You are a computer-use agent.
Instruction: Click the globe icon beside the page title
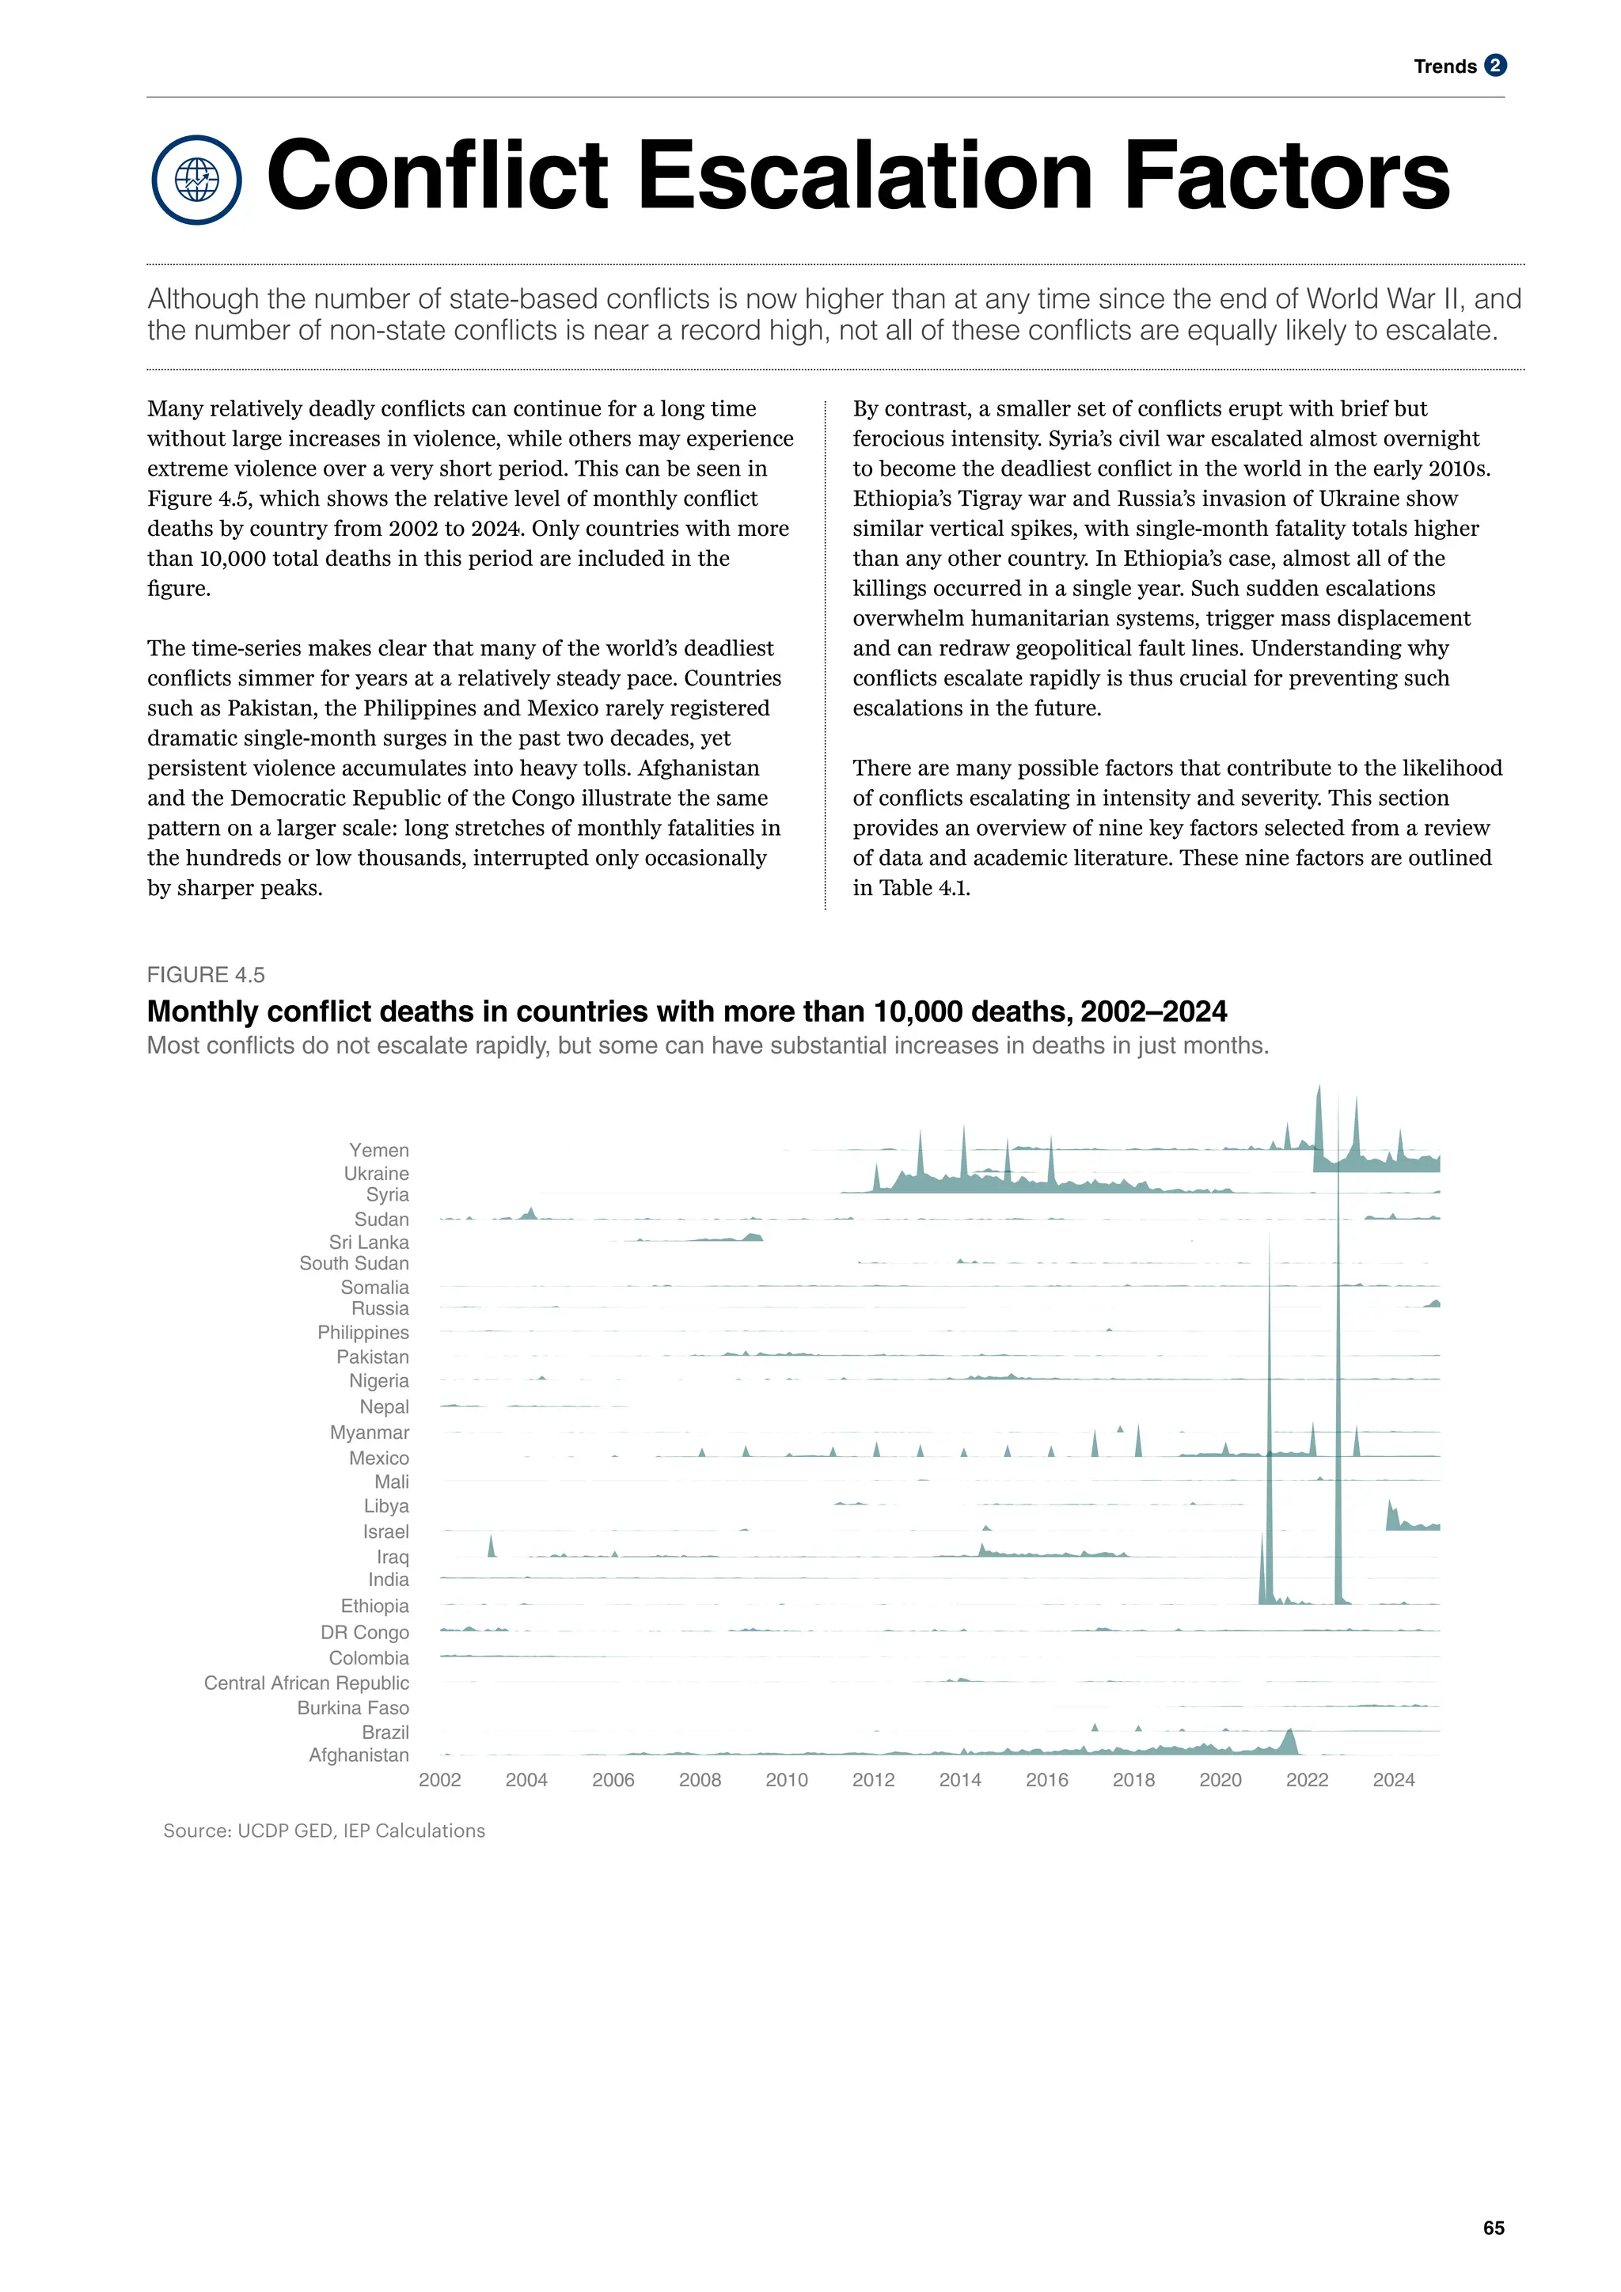tap(196, 180)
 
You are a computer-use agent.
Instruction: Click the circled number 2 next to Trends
tap(1494, 66)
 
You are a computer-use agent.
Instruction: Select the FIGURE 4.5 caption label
tap(206, 974)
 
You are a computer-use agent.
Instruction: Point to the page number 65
tap(1494, 2227)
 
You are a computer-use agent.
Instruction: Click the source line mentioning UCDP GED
tap(324, 1830)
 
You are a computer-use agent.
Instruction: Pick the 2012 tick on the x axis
tap(873, 1779)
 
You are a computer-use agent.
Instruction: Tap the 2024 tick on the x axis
tap(1393, 1779)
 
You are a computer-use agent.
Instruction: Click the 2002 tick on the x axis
tap(439, 1779)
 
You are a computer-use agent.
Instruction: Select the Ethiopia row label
tap(374, 1605)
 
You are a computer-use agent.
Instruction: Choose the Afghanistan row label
tap(359, 1754)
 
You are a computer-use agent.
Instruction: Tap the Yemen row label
tap(378, 1150)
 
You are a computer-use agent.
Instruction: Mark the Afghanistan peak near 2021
tap(1289, 1743)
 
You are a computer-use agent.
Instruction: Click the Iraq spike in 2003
tap(491, 1547)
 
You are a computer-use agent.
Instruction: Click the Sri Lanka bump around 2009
tap(753, 1238)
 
